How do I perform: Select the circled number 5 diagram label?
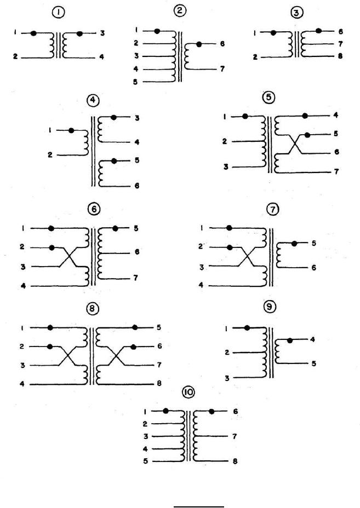click(x=269, y=97)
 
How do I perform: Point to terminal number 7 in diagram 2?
click(x=222, y=70)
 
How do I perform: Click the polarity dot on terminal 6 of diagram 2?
click(x=198, y=44)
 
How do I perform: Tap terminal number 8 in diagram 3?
click(x=341, y=56)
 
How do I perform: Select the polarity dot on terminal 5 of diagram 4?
click(x=113, y=161)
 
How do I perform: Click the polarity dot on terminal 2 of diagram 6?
click(x=52, y=247)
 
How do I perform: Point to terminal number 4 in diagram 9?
click(x=313, y=339)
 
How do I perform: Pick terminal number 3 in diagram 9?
click(x=226, y=377)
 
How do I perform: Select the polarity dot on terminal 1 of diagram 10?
click(x=165, y=410)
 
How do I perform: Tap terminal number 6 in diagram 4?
click(x=136, y=186)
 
